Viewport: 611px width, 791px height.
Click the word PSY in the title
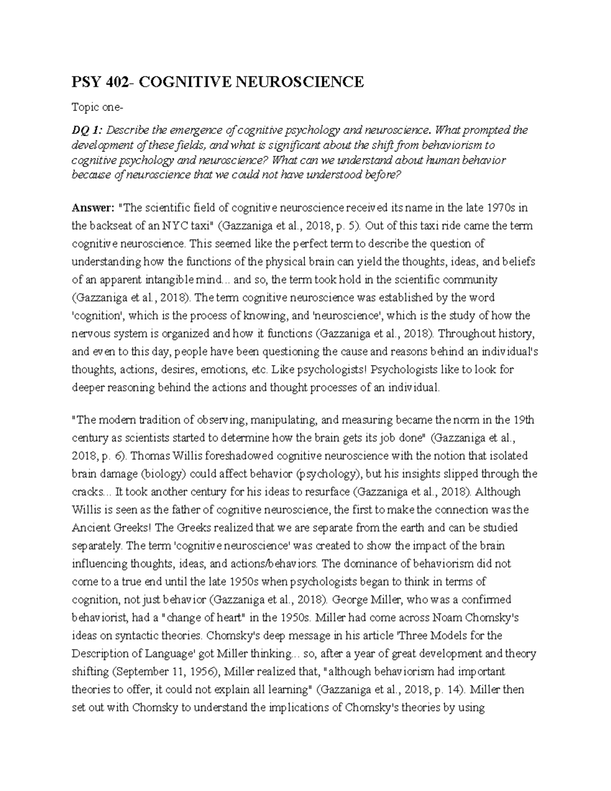tap(87, 81)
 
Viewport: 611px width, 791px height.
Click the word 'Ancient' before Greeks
tap(89, 528)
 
